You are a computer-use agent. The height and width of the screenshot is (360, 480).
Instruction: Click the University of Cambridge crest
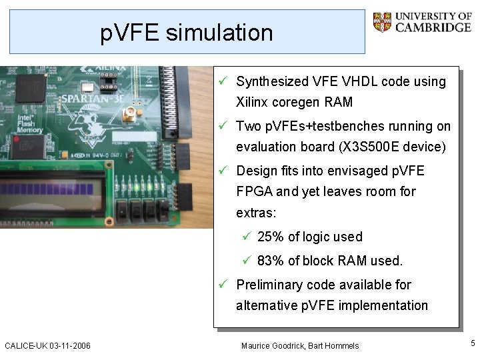383,22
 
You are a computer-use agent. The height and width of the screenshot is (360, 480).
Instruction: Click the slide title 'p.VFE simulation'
187,32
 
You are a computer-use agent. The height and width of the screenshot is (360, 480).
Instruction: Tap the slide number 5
473,343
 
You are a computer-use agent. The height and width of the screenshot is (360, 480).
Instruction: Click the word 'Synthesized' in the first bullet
272,82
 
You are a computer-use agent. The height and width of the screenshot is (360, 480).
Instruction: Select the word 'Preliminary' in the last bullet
269,285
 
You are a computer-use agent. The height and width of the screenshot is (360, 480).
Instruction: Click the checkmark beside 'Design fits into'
226,171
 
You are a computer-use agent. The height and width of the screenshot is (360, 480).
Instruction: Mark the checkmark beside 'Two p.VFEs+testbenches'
226,126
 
